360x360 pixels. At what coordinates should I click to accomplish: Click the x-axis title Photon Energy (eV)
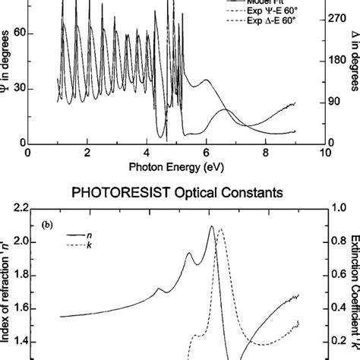point(176,165)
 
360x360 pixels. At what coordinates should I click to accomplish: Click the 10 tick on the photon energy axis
point(325,152)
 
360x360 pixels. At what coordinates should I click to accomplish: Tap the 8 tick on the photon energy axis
point(265,152)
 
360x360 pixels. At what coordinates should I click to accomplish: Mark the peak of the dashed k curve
point(221,229)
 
